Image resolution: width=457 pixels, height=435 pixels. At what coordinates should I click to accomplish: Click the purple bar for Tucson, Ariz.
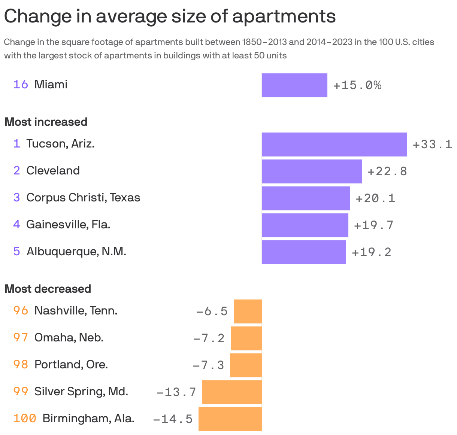(x=334, y=144)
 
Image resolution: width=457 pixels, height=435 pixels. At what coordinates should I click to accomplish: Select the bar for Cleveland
(x=312, y=171)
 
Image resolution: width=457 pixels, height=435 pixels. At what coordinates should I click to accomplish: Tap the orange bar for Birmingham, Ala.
(x=230, y=419)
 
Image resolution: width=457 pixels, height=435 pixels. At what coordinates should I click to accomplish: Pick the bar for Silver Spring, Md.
(x=232, y=392)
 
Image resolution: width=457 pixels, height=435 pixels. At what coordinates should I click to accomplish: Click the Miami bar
(x=294, y=85)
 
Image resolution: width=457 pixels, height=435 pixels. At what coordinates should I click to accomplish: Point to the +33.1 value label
(x=432, y=145)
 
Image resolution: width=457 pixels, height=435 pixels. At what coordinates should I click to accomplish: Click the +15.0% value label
(x=357, y=85)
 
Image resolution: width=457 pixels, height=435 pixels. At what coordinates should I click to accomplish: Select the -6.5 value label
(x=212, y=311)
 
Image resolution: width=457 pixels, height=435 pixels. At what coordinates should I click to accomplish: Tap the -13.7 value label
(x=176, y=392)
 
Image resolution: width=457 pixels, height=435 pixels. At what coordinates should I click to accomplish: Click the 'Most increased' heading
(x=46, y=122)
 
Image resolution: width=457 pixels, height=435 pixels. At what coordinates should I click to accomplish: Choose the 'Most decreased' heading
(x=48, y=289)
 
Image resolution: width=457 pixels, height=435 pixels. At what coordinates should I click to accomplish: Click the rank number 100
(x=25, y=418)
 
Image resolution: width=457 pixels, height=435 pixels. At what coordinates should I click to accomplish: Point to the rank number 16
(x=21, y=84)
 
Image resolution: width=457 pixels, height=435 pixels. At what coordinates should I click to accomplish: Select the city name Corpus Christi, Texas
(x=83, y=197)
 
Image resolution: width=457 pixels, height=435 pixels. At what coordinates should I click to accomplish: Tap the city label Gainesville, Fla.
(x=68, y=224)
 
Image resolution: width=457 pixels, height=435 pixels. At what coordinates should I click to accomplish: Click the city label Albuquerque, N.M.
(x=76, y=251)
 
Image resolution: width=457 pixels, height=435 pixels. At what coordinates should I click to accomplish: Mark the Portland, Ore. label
(x=71, y=364)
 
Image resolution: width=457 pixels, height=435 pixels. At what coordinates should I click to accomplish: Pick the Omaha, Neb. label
(x=69, y=337)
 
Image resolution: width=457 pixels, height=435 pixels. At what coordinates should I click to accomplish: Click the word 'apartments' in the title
(x=284, y=16)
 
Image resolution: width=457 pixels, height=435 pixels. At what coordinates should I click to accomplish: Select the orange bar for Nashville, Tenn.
(x=248, y=311)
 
